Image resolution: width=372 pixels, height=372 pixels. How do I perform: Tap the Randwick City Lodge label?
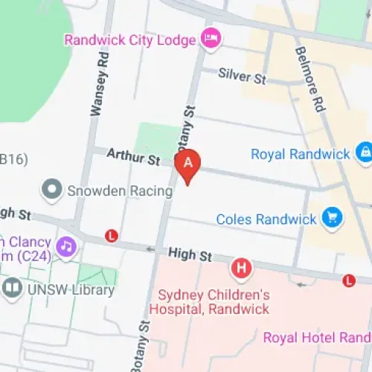(x=130, y=39)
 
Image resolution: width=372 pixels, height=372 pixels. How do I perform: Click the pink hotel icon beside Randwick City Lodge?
(x=211, y=39)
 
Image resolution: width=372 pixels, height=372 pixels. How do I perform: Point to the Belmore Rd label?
(x=312, y=79)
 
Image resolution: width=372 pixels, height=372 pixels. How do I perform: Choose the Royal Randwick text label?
(x=300, y=154)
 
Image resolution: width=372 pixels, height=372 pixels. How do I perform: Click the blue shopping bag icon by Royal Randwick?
(x=364, y=153)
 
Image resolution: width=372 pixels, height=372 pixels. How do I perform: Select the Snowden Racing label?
(x=121, y=190)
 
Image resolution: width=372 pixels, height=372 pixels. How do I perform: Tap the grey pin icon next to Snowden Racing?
(x=52, y=190)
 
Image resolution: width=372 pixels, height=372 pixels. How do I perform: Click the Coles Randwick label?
(x=266, y=219)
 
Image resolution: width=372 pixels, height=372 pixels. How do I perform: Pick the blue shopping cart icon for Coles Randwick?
(x=331, y=218)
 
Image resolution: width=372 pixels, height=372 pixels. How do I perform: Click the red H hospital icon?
(x=241, y=267)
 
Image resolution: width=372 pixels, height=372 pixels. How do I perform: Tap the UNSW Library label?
(x=71, y=290)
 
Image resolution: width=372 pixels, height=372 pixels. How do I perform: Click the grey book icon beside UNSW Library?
(x=12, y=289)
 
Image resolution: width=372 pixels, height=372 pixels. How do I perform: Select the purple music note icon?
(x=66, y=245)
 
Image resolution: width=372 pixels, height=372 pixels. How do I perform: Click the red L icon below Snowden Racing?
(x=112, y=236)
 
